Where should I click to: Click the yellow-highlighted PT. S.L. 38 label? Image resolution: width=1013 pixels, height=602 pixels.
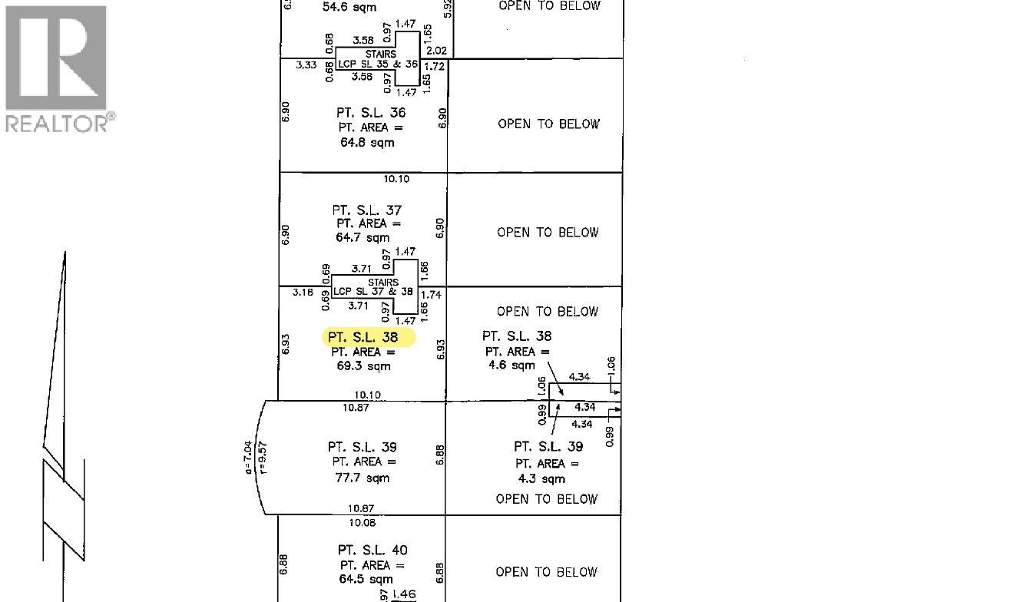tap(362, 337)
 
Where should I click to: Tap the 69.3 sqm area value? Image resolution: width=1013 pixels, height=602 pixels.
tap(363, 366)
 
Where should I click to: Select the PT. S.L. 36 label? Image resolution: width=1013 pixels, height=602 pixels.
tap(371, 113)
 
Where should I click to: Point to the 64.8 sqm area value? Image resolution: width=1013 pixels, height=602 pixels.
tap(367, 143)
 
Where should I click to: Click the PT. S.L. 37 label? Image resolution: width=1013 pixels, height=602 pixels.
tap(367, 210)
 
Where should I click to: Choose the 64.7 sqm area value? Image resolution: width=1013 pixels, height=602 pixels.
tap(362, 237)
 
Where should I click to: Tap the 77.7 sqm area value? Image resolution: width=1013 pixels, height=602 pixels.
tap(362, 478)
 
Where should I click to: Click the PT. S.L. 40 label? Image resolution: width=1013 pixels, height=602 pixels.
tap(372, 550)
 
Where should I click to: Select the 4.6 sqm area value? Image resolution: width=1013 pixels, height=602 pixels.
tap(511, 365)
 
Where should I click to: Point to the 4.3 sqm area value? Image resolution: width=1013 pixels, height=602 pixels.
tap(541, 478)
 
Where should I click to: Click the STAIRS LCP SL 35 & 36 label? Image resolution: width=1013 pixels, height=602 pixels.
tap(378, 59)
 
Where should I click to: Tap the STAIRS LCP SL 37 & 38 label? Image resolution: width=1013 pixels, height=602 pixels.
tap(373, 286)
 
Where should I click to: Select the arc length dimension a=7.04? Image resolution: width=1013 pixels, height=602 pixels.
tap(247, 458)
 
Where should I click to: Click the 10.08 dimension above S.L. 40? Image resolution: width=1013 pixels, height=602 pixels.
tap(362, 523)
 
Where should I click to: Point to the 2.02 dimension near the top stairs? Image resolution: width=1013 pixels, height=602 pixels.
tap(436, 51)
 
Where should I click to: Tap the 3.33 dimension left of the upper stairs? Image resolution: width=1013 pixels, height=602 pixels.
tap(306, 65)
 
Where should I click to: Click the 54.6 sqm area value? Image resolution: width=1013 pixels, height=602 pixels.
tap(349, 7)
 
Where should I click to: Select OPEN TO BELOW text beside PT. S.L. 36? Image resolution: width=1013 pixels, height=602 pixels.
tap(548, 124)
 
